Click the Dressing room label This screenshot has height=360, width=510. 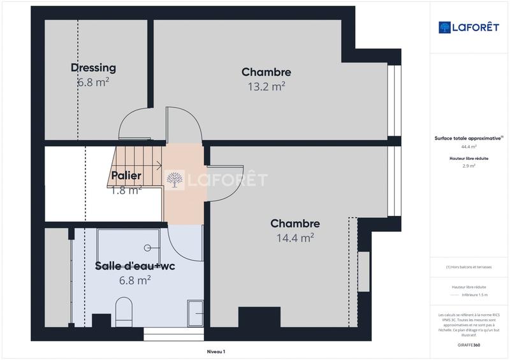93,68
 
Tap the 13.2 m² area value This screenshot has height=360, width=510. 266,86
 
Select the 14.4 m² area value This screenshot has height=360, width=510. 295,238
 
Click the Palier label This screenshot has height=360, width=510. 126,175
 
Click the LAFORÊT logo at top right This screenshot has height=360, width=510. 468,27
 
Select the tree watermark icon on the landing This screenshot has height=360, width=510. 174,180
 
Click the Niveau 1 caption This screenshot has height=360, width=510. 216,351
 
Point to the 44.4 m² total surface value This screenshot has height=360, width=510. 469,146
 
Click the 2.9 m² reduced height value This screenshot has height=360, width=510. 469,166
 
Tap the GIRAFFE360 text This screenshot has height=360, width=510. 469,343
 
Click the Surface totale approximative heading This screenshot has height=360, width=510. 469,138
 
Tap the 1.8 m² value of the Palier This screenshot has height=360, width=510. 126,189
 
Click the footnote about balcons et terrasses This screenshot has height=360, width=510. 469,267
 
